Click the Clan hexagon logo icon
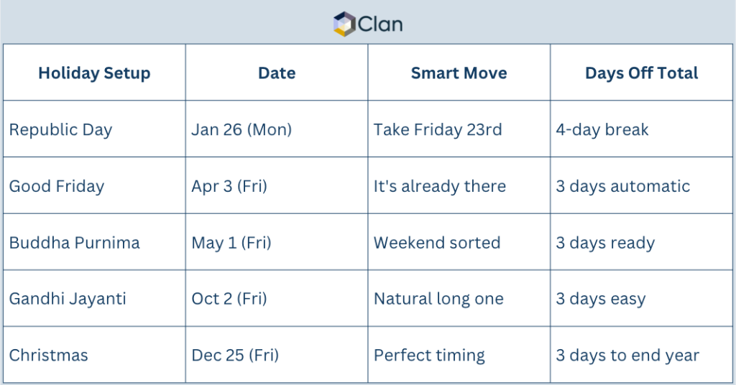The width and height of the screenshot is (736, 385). click(x=345, y=24)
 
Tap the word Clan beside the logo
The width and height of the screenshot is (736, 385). click(x=380, y=24)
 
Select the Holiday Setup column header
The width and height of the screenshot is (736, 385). click(x=94, y=73)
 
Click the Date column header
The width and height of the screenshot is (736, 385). click(x=277, y=73)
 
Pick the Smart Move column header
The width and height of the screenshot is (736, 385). click(x=459, y=73)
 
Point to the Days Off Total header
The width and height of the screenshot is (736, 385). click(x=641, y=73)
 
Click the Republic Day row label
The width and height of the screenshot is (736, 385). click(x=60, y=130)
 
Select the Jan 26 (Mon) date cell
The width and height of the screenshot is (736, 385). click(x=241, y=130)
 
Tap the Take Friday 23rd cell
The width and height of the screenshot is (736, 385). click(x=438, y=130)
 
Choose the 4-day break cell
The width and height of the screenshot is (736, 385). click(x=602, y=130)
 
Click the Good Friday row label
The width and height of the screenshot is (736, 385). click(x=57, y=186)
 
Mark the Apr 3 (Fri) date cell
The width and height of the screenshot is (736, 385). click(x=229, y=186)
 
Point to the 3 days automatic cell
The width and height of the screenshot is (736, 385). click(x=622, y=186)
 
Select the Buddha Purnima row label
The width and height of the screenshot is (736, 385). click(x=75, y=243)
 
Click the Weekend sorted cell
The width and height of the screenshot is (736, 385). click(x=437, y=243)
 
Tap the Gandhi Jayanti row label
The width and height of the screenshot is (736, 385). click(x=68, y=299)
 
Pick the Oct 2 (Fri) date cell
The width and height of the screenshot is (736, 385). click(x=229, y=299)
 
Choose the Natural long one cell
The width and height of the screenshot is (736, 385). click(x=438, y=299)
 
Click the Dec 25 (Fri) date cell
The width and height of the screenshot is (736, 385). click(x=235, y=355)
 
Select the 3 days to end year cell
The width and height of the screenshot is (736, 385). click(x=627, y=355)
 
